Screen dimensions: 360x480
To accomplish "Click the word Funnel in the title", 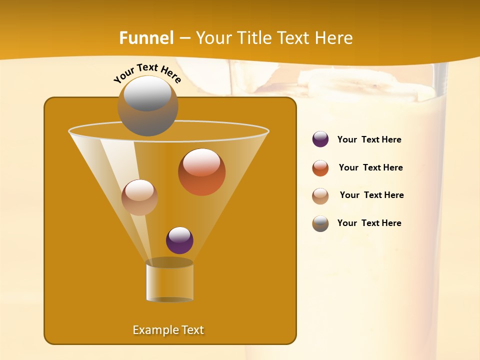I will point(146,38).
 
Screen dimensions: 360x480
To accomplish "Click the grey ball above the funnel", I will point(147,105).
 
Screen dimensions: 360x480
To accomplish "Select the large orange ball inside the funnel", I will point(201,172).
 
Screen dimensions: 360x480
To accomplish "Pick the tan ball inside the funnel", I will point(139,197).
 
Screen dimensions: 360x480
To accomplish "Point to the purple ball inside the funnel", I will point(179,240).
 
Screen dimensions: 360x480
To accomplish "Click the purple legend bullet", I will point(320,139).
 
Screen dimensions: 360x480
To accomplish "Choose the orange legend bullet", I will point(320,168).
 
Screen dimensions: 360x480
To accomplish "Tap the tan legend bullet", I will point(320,196).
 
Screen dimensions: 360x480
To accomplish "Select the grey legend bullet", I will point(320,223).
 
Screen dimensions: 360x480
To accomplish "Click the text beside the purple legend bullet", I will point(369,140).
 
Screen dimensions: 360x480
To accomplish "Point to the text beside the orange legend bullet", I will point(370,168).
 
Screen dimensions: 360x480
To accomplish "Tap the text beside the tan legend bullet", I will point(371,195).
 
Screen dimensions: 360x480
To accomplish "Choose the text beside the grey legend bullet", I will point(369,223).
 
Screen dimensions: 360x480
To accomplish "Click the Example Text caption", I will point(168,330).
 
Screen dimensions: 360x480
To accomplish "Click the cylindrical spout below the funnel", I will point(169,281).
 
